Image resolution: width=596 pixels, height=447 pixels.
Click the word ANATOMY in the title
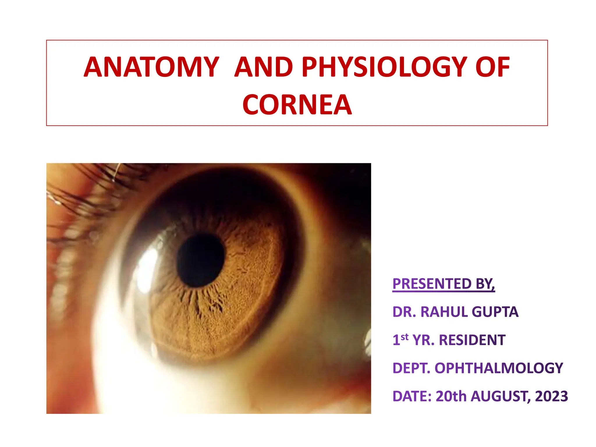[x=151, y=67]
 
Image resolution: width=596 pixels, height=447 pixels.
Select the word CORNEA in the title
[x=297, y=105]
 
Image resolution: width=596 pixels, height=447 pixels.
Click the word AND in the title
[x=264, y=67]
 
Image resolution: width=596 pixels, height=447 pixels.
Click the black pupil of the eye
[x=201, y=260]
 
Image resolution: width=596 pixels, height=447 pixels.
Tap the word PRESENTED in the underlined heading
[x=432, y=284]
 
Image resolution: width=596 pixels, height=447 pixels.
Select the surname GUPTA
[x=495, y=312]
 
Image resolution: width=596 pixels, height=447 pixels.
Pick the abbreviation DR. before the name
[x=405, y=312]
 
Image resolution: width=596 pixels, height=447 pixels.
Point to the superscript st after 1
[x=405, y=337]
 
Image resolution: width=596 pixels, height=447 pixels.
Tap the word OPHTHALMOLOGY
[x=499, y=368]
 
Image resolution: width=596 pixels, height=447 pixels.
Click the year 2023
[x=551, y=396]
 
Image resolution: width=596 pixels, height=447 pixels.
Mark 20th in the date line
[x=451, y=396]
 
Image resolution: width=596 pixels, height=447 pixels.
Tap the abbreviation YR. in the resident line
[x=423, y=340]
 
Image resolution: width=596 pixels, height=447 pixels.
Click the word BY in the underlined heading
[x=485, y=284]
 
